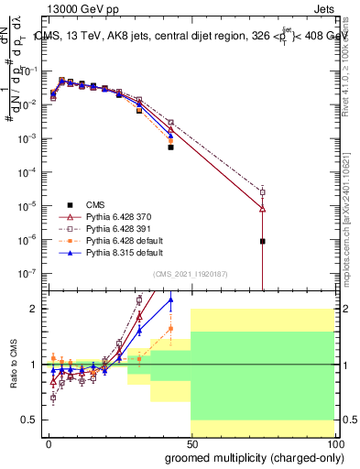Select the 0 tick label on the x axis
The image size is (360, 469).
click(49, 444)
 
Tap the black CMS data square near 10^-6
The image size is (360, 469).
click(263, 242)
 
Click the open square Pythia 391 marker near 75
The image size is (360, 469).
click(263, 191)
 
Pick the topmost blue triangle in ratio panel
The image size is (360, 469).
click(170, 300)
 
